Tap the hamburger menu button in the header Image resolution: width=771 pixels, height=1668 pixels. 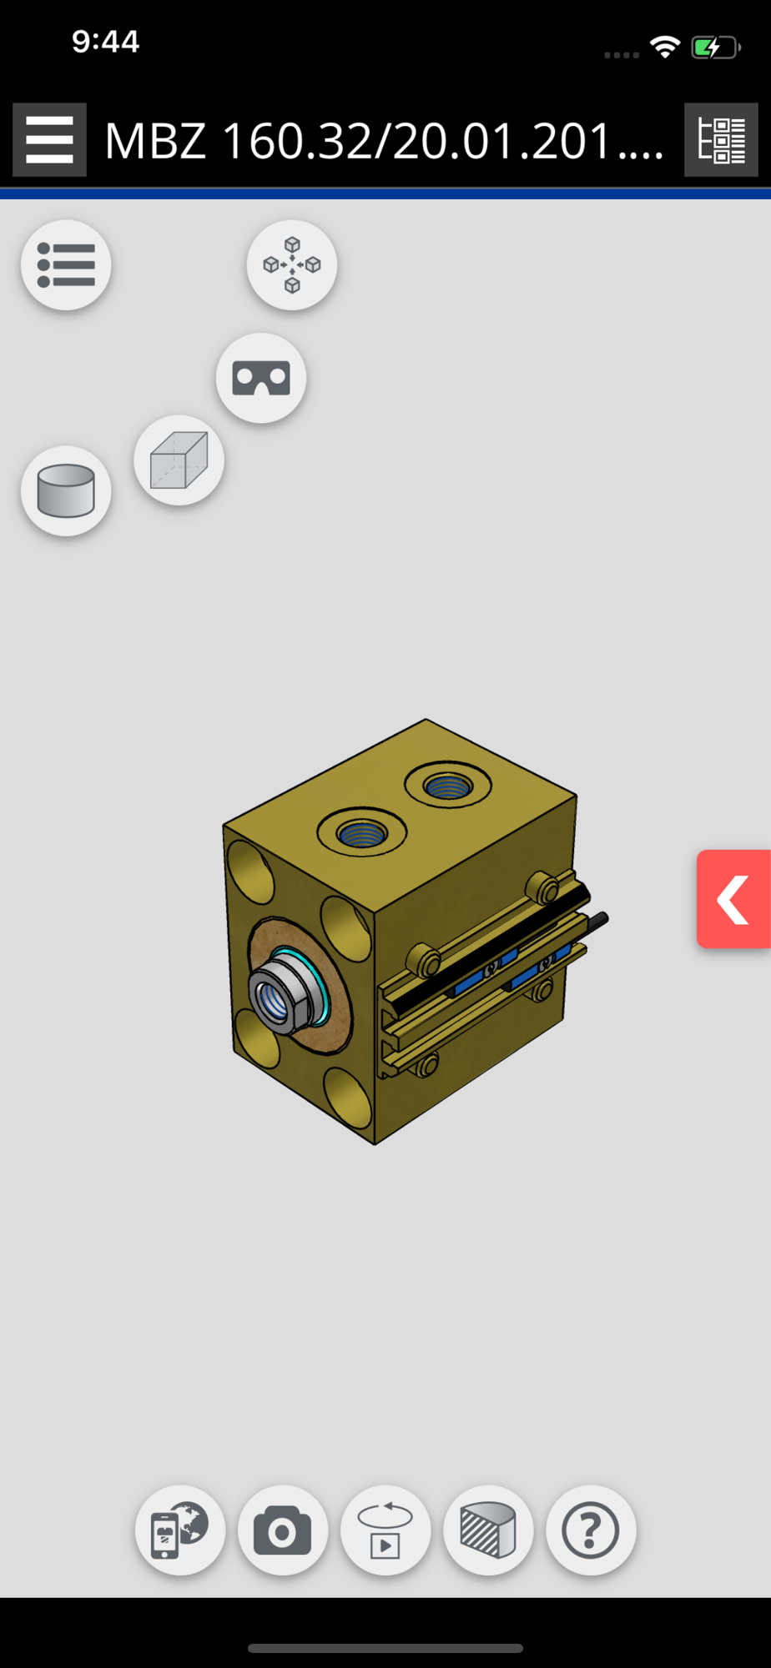coord(49,140)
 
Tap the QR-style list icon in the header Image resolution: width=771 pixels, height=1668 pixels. coord(721,140)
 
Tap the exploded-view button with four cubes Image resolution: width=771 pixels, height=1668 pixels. coord(292,265)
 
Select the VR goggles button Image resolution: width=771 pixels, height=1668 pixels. coord(261,378)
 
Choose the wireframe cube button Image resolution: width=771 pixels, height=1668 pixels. coord(179,460)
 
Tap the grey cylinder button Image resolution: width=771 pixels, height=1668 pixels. coord(66,491)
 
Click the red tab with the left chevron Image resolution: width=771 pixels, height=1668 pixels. coord(734,899)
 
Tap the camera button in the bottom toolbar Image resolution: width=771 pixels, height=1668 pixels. coord(283,1530)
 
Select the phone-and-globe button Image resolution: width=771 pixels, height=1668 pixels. coord(180,1530)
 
